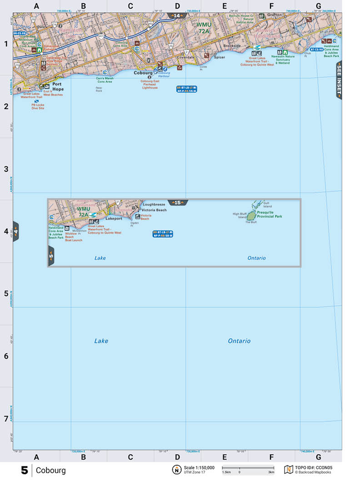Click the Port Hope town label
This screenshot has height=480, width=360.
click(x=58, y=86)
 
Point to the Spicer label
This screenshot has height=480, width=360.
click(x=220, y=58)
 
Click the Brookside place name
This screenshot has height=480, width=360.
click(x=232, y=46)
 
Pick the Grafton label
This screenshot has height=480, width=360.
click(x=275, y=15)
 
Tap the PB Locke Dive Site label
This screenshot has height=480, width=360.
click(x=38, y=107)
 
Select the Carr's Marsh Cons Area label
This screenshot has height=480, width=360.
click(x=104, y=80)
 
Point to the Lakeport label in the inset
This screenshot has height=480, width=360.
click(x=114, y=219)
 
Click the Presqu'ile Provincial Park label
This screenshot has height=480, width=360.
click(x=269, y=215)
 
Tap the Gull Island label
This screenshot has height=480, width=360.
click(x=268, y=205)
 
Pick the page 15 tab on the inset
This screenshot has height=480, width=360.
click(x=177, y=203)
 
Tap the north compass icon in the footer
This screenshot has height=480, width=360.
click(x=175, y=470)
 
